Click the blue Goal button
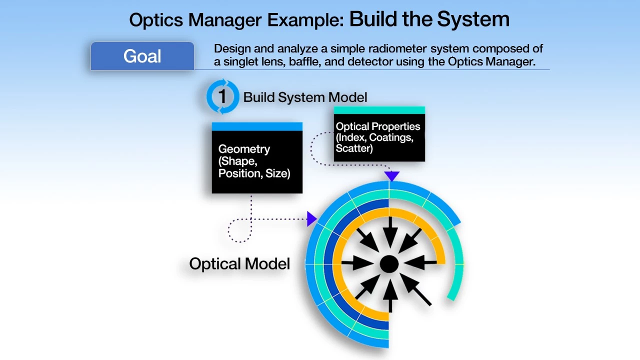point(142,56)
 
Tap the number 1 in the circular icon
point(222,96)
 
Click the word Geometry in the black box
point(244,149)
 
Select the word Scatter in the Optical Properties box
point(354,148)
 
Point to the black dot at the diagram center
point(389,264)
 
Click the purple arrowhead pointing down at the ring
point(391,175)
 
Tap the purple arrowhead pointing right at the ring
point(312,218)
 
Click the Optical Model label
point(239,264)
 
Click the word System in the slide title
point(473,19)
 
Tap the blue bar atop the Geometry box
point(257,126)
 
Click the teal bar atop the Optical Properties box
point(379,110)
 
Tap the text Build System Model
point(305,97)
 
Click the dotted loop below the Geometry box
point(238,231)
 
